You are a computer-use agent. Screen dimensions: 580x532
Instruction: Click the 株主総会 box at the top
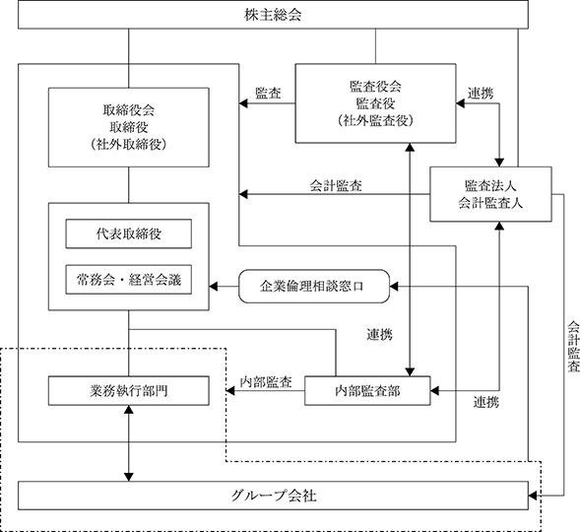273,15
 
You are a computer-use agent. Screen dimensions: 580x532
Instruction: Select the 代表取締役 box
129,233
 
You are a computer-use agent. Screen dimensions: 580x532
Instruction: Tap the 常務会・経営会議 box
129,280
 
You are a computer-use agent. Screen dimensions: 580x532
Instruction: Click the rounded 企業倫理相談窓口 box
314,287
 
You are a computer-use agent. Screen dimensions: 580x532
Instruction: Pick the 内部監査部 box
367,391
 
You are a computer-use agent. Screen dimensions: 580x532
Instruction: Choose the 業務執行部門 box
129,391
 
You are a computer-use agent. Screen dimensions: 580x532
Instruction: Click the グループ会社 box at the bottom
273,496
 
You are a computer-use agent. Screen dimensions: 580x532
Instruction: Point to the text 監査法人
490,186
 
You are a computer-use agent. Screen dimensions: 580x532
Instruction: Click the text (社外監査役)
375,120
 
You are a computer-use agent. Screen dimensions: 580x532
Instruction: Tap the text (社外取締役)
129,144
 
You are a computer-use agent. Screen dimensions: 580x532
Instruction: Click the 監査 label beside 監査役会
268,93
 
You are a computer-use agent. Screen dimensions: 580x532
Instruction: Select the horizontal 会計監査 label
336,185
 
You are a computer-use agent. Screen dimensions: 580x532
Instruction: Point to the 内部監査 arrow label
266,382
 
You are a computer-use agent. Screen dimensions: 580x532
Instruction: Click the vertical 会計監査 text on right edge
574,347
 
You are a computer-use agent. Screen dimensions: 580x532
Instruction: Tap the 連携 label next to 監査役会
481,93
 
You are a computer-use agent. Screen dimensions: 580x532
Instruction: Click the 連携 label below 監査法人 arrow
486,402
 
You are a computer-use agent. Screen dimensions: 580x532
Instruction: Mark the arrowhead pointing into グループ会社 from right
533,496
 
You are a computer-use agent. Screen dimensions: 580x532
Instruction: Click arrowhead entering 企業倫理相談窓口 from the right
394,287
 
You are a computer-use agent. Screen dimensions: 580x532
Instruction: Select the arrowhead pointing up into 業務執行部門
129,410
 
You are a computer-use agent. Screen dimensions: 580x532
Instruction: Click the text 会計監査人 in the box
490,203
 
